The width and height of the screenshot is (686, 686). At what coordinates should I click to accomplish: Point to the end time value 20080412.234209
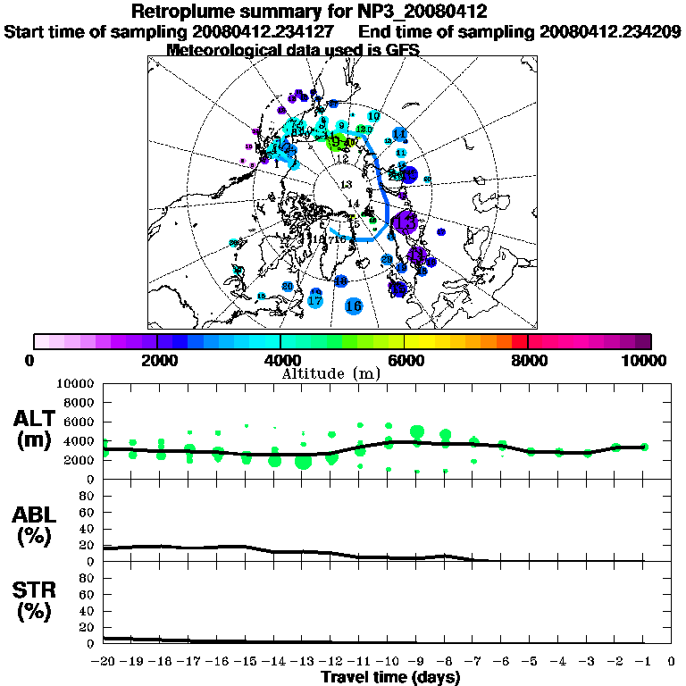(610, 31)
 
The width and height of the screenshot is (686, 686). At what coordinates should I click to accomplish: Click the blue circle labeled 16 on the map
(354, 306)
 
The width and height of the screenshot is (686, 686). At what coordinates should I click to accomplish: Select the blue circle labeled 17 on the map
(314, 301)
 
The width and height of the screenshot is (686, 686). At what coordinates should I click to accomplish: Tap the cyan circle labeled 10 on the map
(373, 116)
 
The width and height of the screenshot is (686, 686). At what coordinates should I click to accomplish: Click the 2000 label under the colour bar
(157, 361)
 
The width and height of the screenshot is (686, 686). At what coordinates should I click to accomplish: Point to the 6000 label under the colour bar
(405, 361)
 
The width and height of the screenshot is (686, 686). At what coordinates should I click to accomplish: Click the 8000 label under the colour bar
(528, 361)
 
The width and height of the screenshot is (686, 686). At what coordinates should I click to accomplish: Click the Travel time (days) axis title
(390, 678)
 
